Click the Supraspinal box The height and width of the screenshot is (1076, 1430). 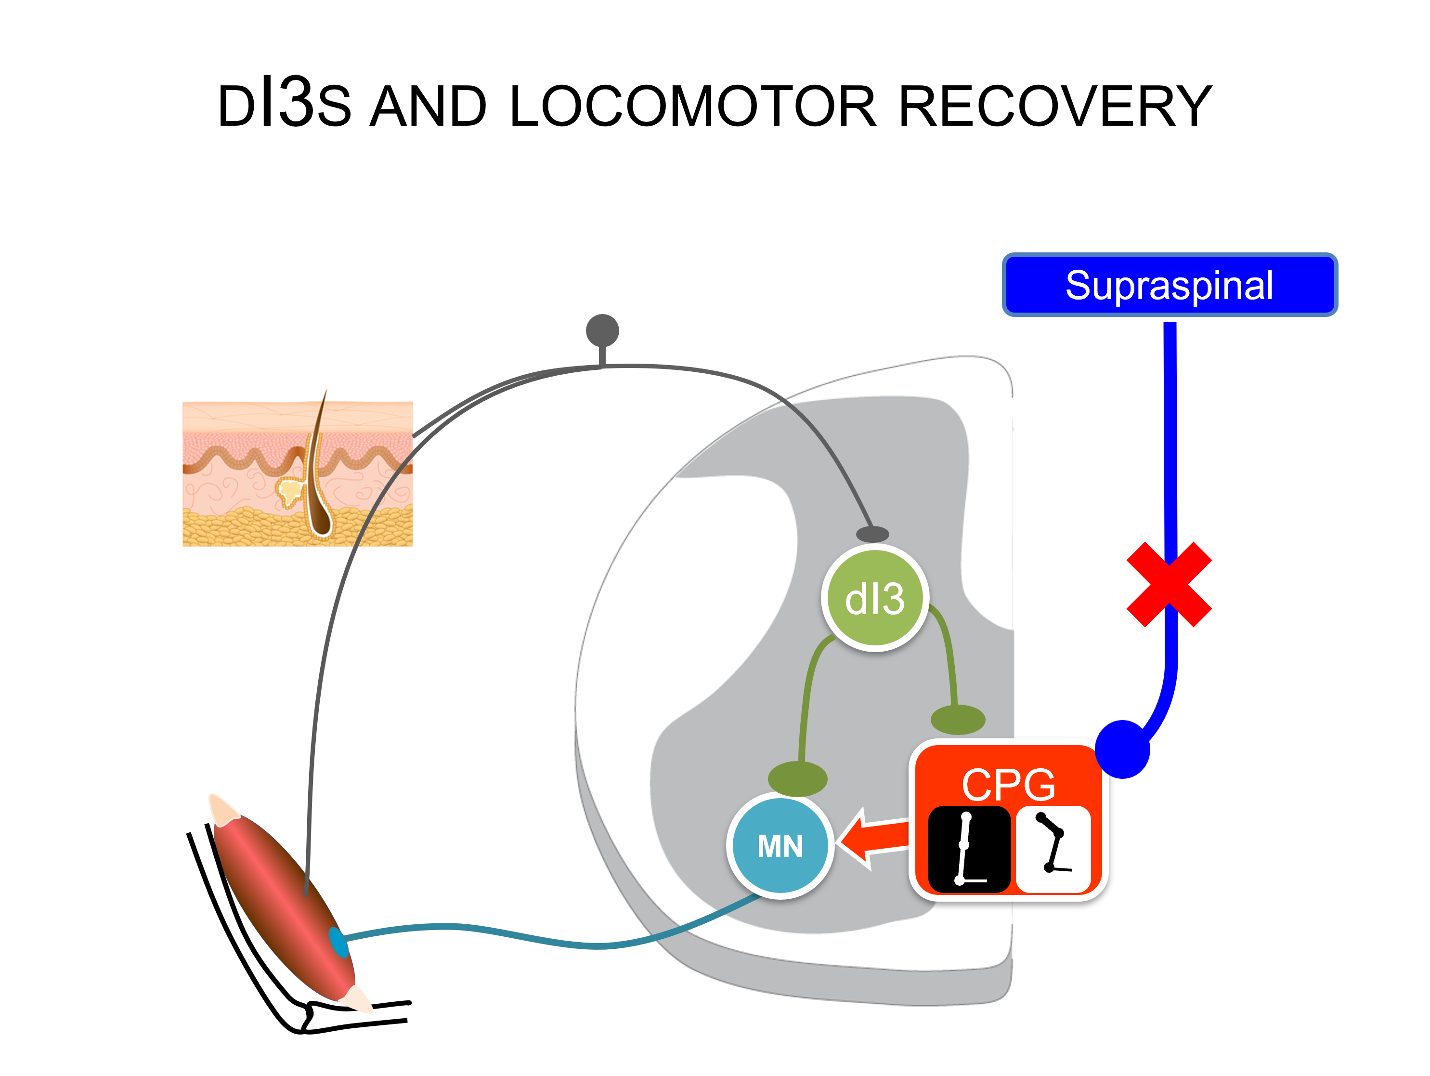click(1170, 285)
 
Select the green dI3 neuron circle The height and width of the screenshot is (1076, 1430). click(875, 598)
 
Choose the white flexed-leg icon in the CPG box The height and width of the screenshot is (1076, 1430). click(1053, 848)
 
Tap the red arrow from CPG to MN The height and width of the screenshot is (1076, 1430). click(873, 839)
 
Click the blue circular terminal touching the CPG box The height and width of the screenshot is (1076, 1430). click(1123, 749)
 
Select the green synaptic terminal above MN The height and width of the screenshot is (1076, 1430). click(797, 778)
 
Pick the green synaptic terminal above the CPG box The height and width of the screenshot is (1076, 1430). click(958, 719)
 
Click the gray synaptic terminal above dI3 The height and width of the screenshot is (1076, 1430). click(872, 534)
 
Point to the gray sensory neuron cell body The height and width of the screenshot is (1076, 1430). click(602, 330)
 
